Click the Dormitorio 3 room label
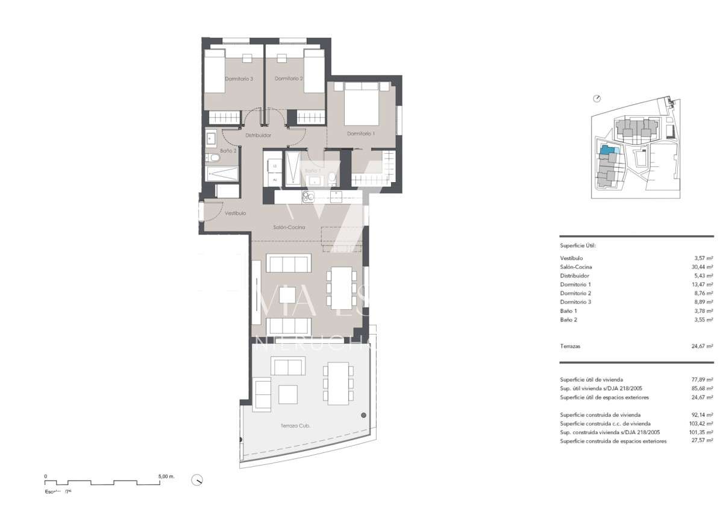239,78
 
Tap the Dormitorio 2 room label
288,78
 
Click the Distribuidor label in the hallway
258,136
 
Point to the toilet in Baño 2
213,159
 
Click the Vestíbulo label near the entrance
235,213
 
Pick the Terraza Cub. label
295,426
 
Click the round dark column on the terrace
363,415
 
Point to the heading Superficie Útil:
578,246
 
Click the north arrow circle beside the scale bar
197,480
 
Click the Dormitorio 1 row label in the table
575,284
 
